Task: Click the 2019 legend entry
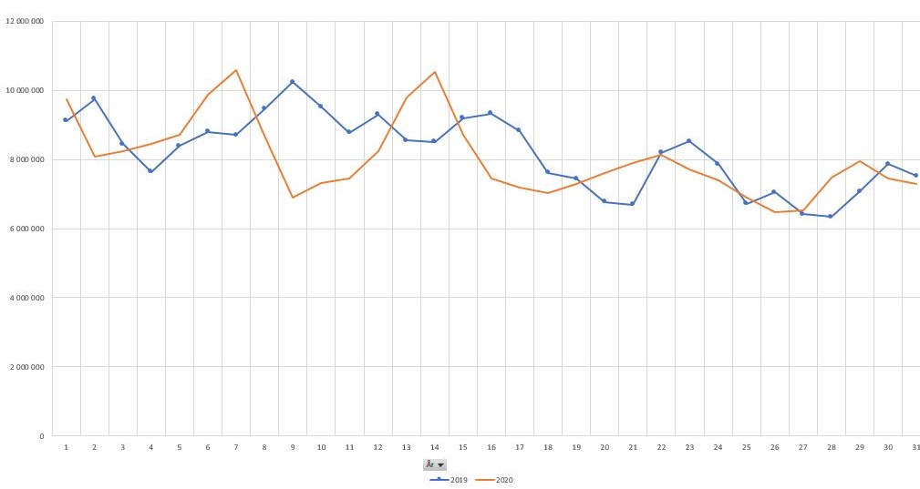click(x=452, y=479)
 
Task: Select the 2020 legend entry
click(x=497, y=479)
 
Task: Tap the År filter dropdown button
click(x=435, y=464)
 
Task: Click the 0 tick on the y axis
click(x=42, y=436)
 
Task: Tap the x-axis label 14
click(x=435, y=447)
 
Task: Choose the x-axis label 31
click(x=915, y=447)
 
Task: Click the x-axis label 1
click(x=66, y=447)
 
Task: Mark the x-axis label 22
click(x=661, y=447)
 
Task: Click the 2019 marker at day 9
click(x=293, y=82)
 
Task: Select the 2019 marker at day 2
click(x=94, y=98)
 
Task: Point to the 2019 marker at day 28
click(x=831, y=217)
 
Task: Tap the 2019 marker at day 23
click(x=689, y=141)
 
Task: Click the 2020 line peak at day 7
click(x=236, y=70)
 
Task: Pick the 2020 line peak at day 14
click(x=435, y=72)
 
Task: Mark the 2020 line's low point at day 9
click(x=293, y=198)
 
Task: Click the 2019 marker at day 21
click(x=633, y=204)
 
